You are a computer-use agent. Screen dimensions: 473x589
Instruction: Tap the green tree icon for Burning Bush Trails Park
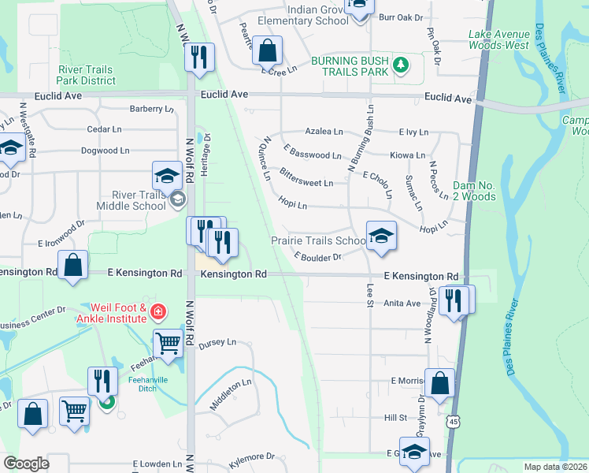(x=402, y=65)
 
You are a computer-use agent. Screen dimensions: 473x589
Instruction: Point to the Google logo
(x=27, y=464)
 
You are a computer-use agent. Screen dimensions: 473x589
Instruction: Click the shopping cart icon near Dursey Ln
(x=168, y=345)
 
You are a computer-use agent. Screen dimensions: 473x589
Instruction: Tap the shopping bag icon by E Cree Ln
(x=268, y=50)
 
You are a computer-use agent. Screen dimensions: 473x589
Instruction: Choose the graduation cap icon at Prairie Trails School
(x=381, y=235)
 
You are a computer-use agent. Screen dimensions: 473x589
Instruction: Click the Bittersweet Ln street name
(x=306, y=177)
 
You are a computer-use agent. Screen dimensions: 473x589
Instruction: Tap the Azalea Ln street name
(x=324, y=132)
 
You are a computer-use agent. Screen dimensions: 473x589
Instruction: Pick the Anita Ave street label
(x=403, y=303)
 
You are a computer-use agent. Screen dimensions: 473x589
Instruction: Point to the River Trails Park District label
(x=87, y=75)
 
